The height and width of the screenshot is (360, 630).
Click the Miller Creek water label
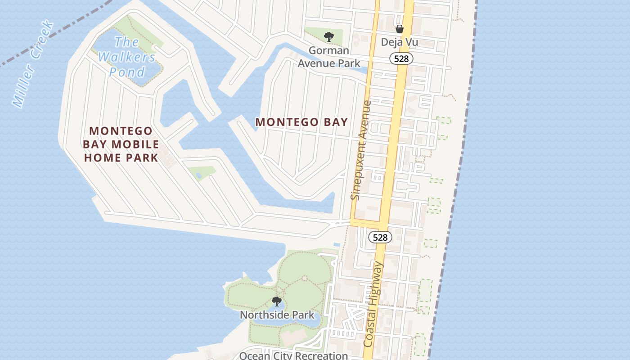(x=34, y=64)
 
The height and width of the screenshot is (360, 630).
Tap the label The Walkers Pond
(x=127, y=57)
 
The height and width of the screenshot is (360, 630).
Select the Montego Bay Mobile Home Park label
(x=121, y=144)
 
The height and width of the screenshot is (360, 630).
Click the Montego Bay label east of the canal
(x=301, y=122)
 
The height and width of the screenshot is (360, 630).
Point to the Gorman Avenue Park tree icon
(x=329, y=37)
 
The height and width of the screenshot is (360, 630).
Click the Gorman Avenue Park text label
(x=329, y=57)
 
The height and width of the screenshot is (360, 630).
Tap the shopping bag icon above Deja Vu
(x=399, y=29)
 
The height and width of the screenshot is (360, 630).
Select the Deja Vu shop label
(x=399, y=42)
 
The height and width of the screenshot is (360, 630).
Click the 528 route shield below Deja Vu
(x=401, y=58)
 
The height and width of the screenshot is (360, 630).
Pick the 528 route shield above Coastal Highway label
(x=380, y=237)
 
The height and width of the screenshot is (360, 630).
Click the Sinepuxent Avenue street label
(x=362, y=150)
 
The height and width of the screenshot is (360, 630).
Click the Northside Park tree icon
(x=277, y=301)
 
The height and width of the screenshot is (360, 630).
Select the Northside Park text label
(x=277, y=315)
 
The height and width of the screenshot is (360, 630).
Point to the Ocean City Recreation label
(x=293, y=355)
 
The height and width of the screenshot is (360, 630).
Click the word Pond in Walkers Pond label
(x=127, y=72)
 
